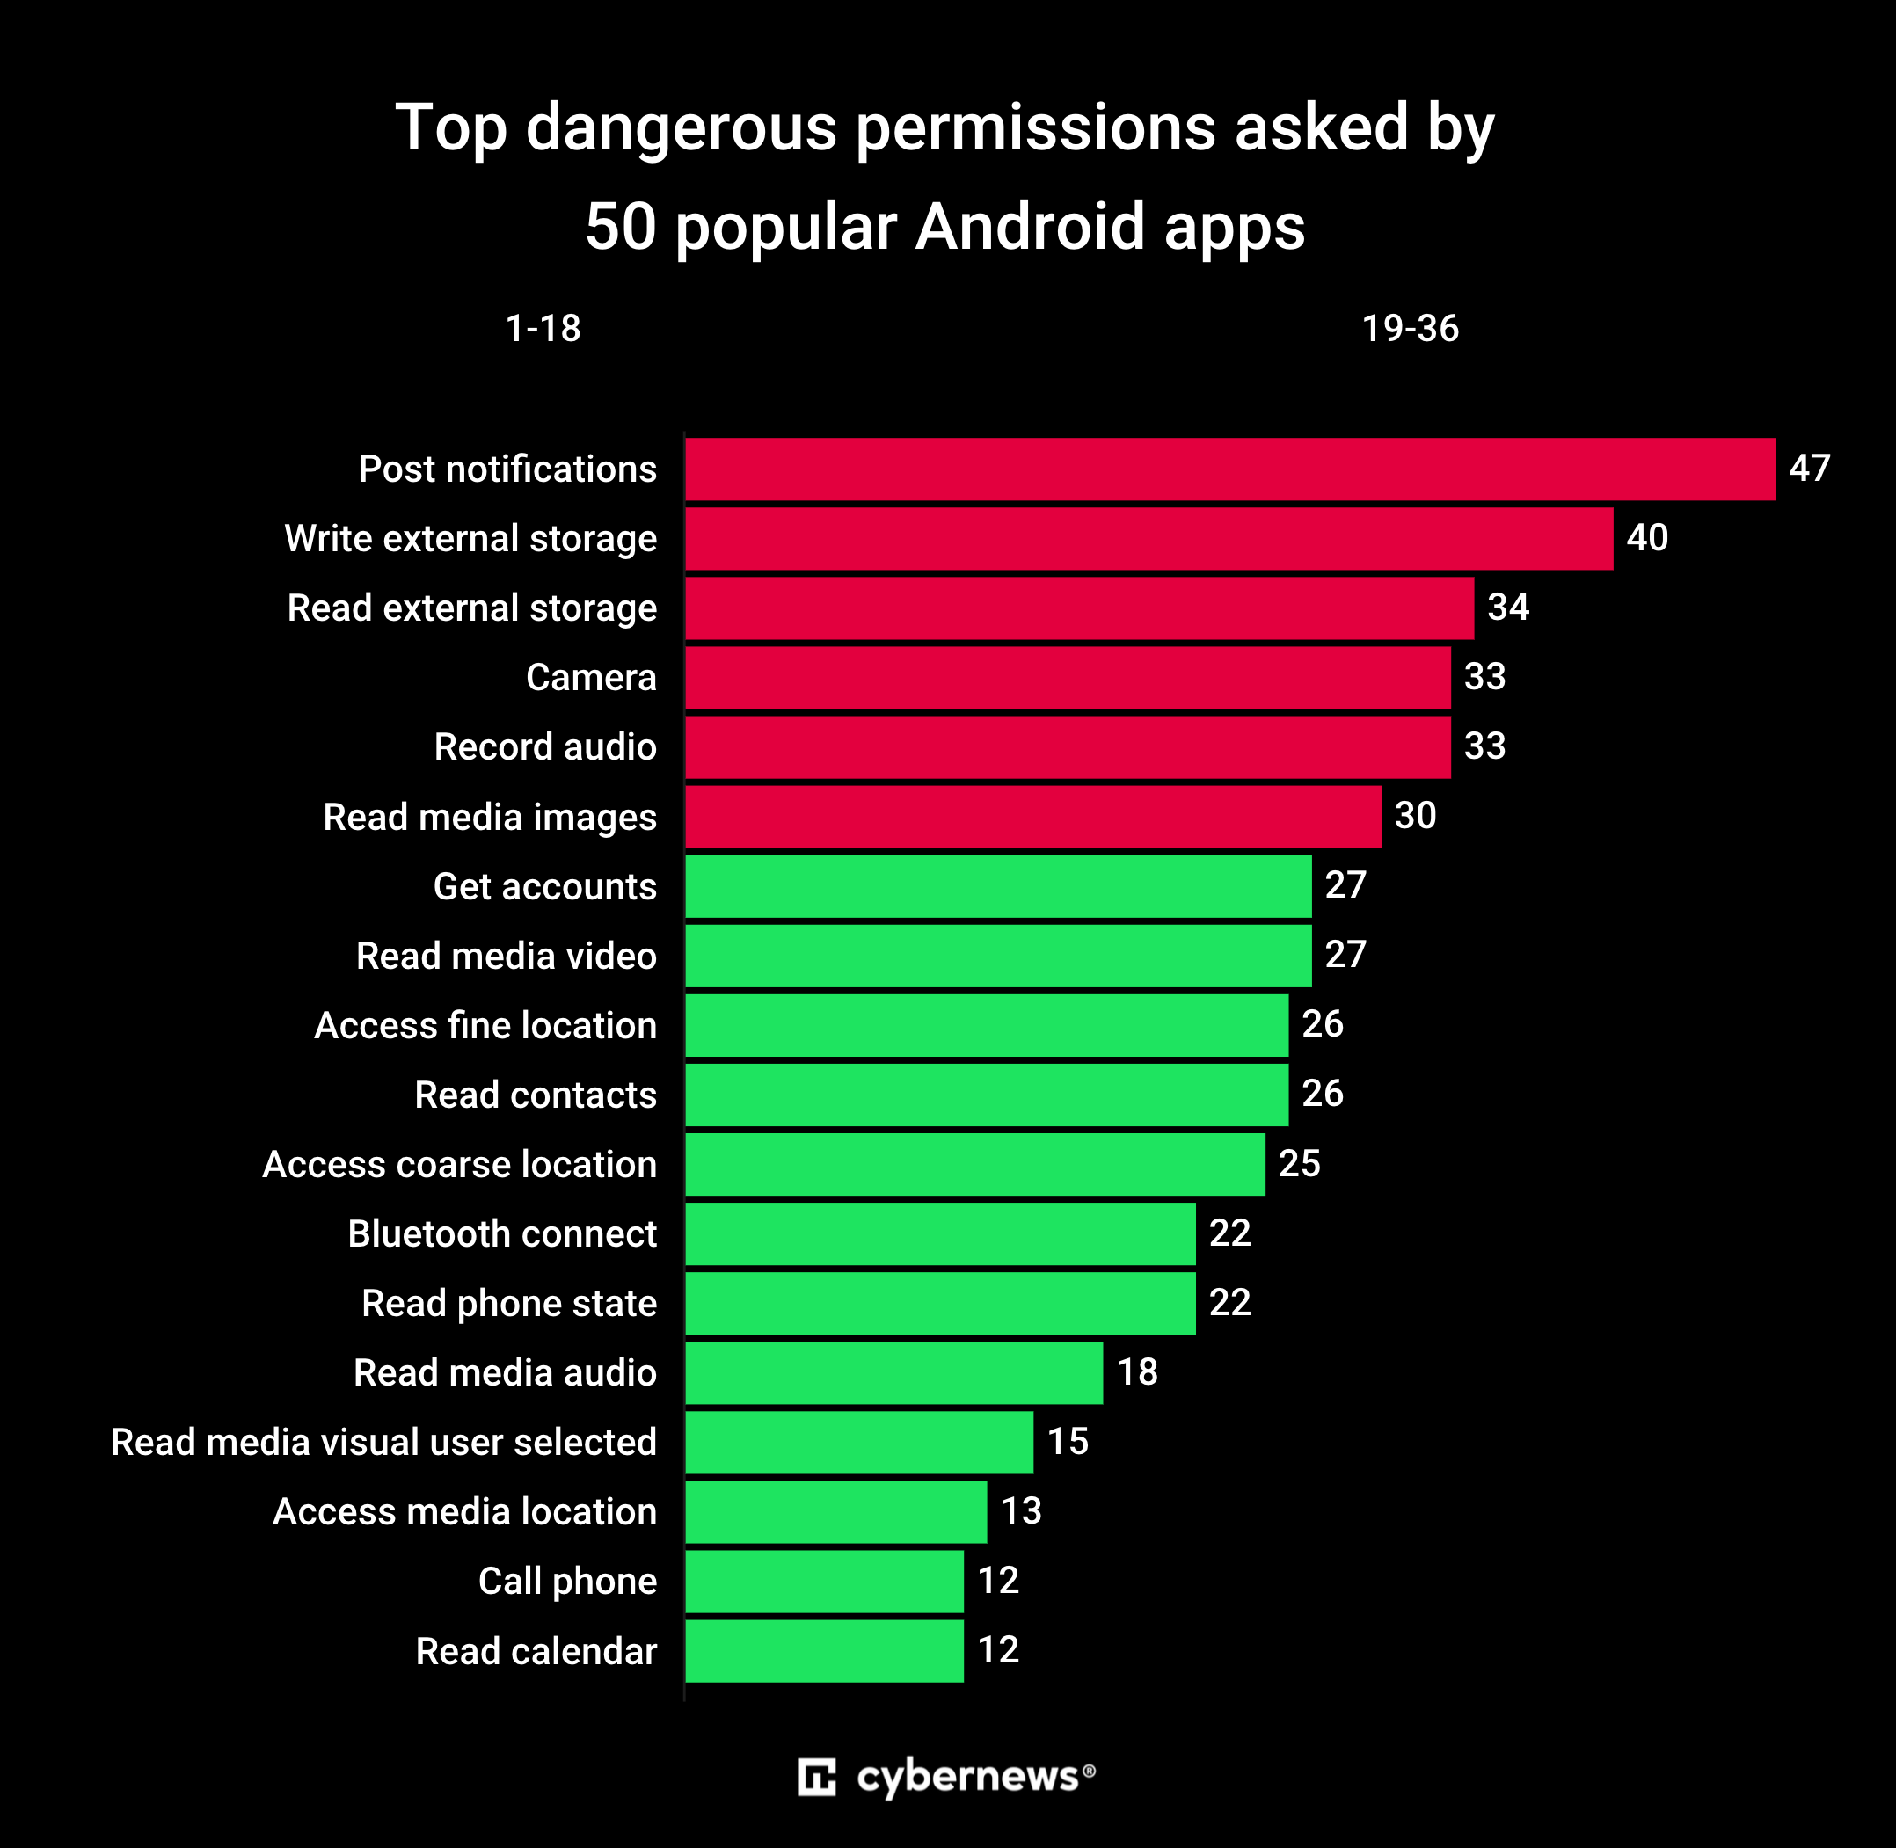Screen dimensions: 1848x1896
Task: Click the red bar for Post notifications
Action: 1229,469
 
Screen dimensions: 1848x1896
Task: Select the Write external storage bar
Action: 1149,539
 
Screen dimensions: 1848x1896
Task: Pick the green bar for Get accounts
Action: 998,886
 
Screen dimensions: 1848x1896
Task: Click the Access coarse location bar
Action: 974,1164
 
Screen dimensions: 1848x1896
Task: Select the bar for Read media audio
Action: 893,1372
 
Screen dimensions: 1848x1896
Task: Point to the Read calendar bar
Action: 824,1651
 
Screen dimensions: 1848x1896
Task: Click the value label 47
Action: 1809,468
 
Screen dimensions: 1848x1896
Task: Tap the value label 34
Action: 1507,607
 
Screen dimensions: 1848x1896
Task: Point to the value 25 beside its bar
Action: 1299,1163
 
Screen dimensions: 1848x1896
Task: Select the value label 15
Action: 1067,1441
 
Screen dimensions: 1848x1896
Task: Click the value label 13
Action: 1020,1511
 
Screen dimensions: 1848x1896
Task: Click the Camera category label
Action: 590,678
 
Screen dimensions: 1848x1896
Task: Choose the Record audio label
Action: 544,746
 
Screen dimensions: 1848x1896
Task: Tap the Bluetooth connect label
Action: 502,1233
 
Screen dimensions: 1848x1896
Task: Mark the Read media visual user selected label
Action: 383,1443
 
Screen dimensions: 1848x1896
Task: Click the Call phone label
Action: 567,1581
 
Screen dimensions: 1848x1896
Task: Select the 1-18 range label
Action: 543,329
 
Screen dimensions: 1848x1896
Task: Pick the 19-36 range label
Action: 1410,329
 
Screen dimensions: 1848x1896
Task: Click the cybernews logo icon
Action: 815,1777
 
